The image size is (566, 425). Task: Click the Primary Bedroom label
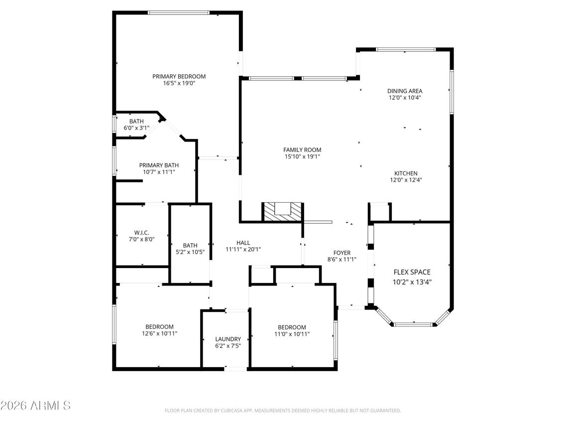click(179, 76)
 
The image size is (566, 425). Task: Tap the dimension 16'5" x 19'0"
click(179, 84)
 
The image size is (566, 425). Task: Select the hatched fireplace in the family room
click(282, 211)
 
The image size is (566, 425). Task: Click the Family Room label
click(302, 149)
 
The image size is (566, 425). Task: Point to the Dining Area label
click(405, 91)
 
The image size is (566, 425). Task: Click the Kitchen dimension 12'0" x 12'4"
click(406, 180)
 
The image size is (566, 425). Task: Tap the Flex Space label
click(412, 272)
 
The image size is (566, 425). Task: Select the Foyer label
click(342, 253)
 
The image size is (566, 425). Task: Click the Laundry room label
click(228, 339)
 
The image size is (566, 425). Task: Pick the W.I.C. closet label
click(141, 233)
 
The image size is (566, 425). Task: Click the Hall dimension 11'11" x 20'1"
click(243, 250)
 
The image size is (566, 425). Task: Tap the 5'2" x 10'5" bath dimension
click(190, 252)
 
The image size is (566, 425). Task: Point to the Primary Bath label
click(159, 165)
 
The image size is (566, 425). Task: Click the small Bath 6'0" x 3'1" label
click(136, 121)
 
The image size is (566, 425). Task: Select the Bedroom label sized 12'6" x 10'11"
click(159, 326)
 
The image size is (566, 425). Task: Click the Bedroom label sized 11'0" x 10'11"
click(292, 326)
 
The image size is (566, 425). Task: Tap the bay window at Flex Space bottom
click(413, 324)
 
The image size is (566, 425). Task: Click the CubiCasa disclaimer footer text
click(282, 411)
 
